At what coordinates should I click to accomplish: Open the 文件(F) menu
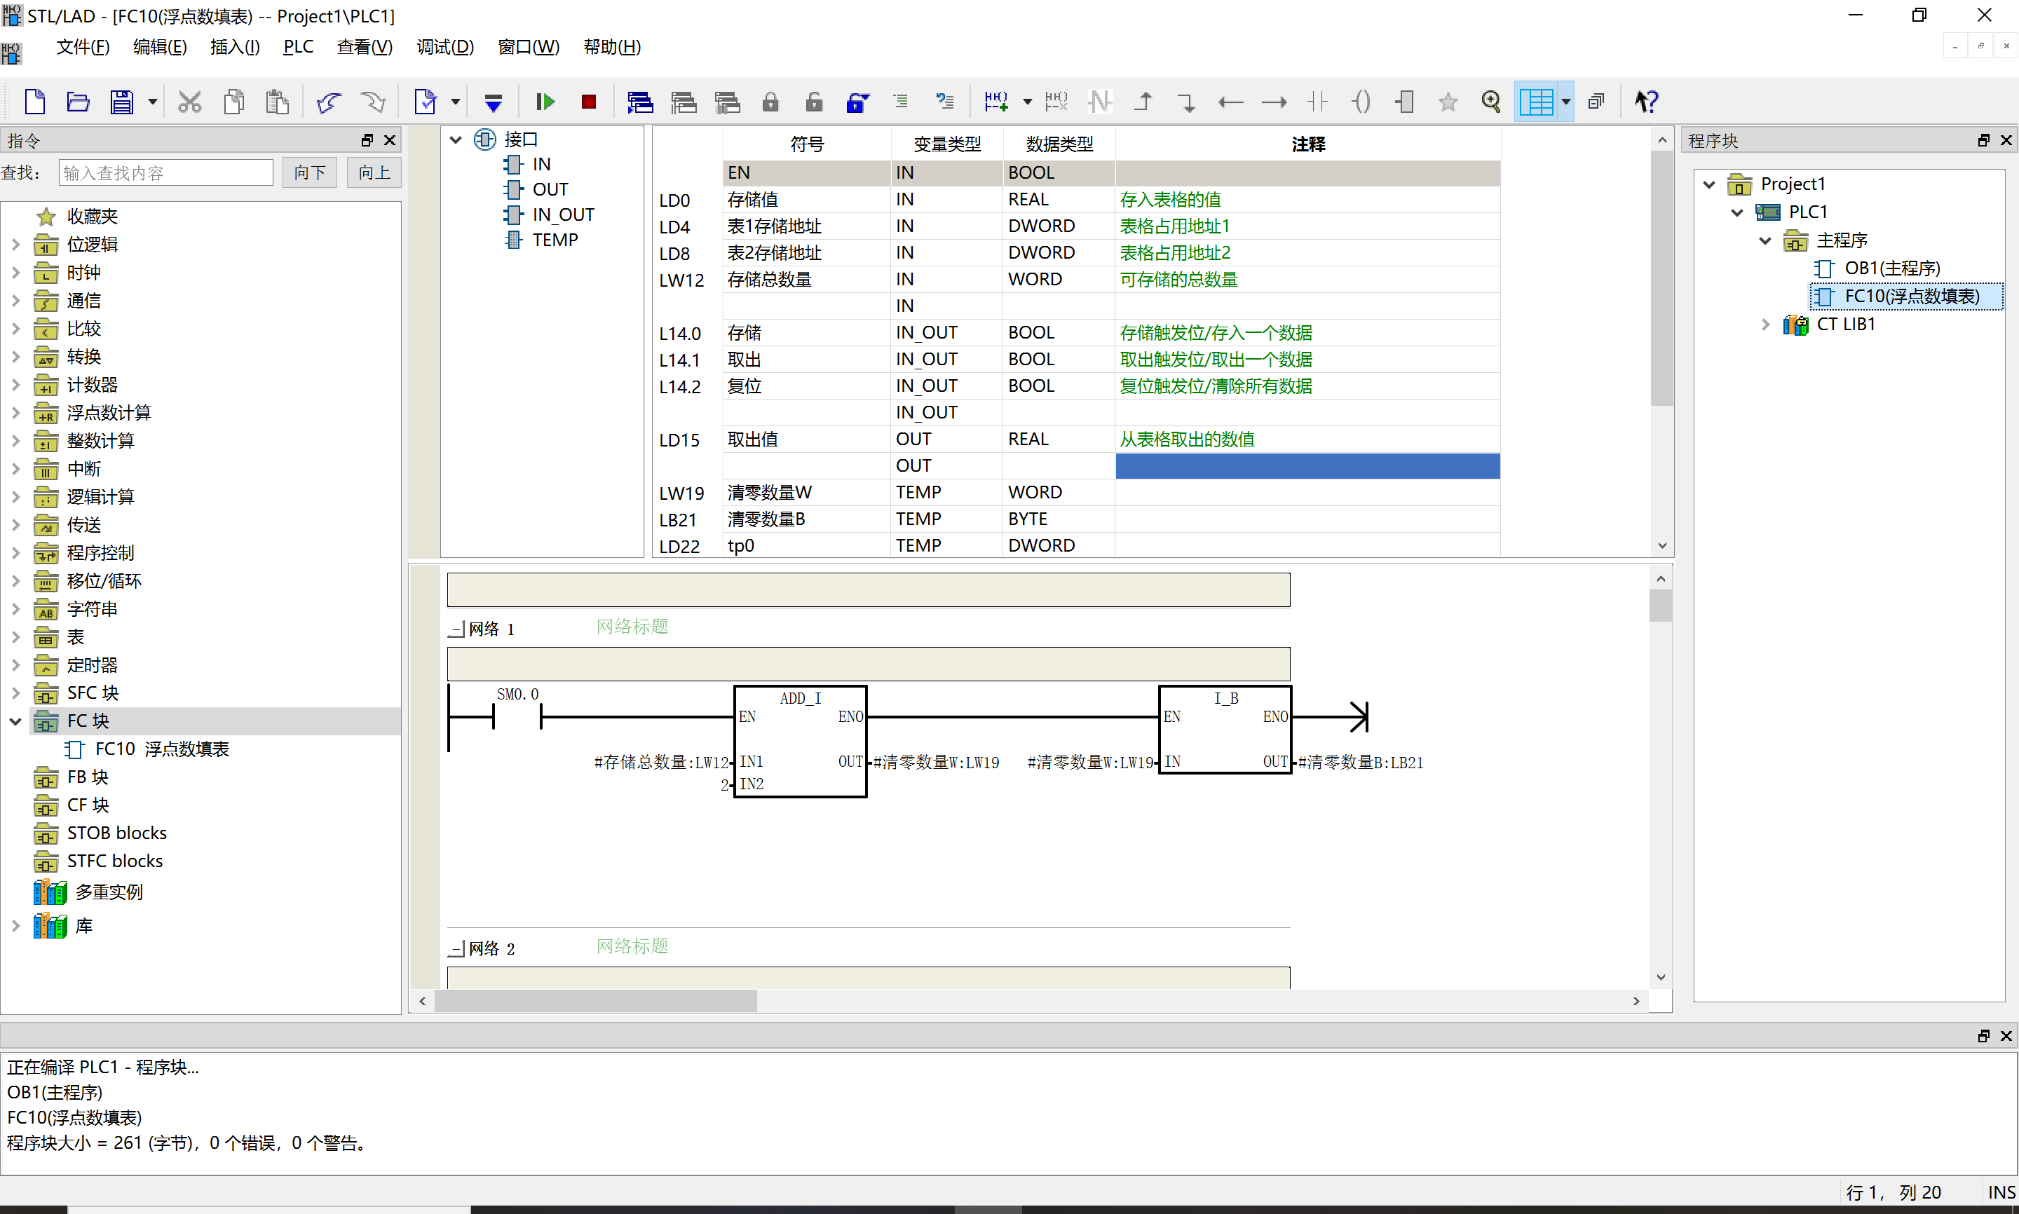click(83, 48)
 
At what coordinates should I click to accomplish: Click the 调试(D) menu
click(445, 48)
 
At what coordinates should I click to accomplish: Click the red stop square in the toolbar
click(588, 102)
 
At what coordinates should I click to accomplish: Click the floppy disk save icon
click(122, 102)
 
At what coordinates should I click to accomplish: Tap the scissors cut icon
click(190, 102)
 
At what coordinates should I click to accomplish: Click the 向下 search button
click(309, 172)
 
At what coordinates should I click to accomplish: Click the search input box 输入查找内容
click(166, 172)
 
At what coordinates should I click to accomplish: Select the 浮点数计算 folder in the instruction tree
click(109, 413)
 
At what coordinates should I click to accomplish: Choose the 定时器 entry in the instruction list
click(92, 665)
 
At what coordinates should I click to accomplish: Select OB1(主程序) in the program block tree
click(1891, 268)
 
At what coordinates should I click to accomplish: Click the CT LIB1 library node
click(1846, 324)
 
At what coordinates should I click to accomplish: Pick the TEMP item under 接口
click(555, 240)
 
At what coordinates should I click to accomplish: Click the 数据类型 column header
click(1059, 144)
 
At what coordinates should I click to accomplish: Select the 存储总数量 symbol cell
click(769, 280)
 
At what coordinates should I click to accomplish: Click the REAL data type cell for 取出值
click(1028, 439)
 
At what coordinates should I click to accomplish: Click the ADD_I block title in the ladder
click(800, 698)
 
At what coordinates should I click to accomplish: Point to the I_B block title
click(1225, 698)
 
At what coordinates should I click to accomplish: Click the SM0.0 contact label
click(518, 694)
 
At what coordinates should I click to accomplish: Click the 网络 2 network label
click(491, 949)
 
